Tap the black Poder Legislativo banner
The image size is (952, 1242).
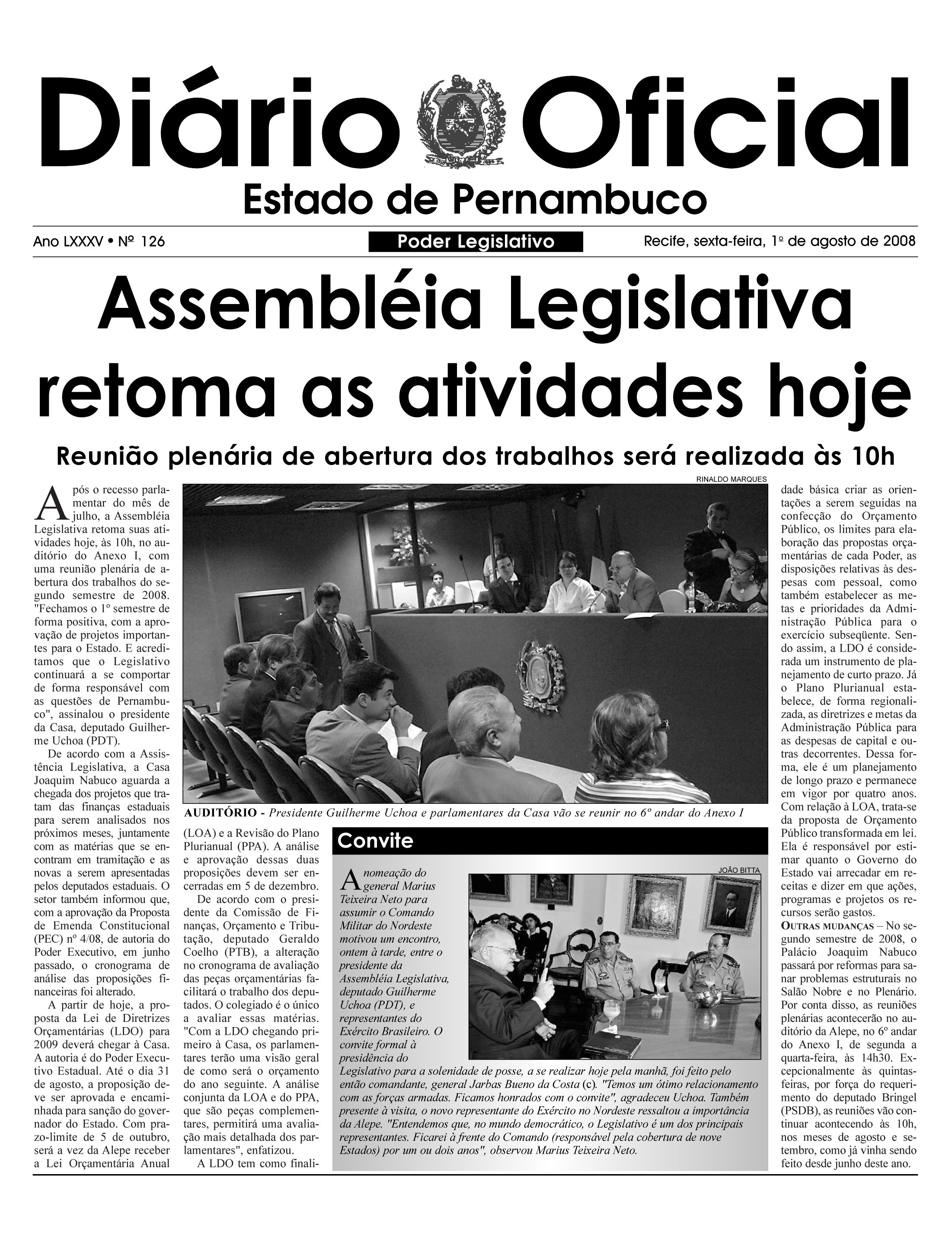(x=476, y=242)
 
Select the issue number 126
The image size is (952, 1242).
(x=153, y=242)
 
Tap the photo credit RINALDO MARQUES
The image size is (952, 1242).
(x=731, y=479)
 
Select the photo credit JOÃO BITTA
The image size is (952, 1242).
(x=738, y=870)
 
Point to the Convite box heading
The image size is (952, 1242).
(x=375, y=841)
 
